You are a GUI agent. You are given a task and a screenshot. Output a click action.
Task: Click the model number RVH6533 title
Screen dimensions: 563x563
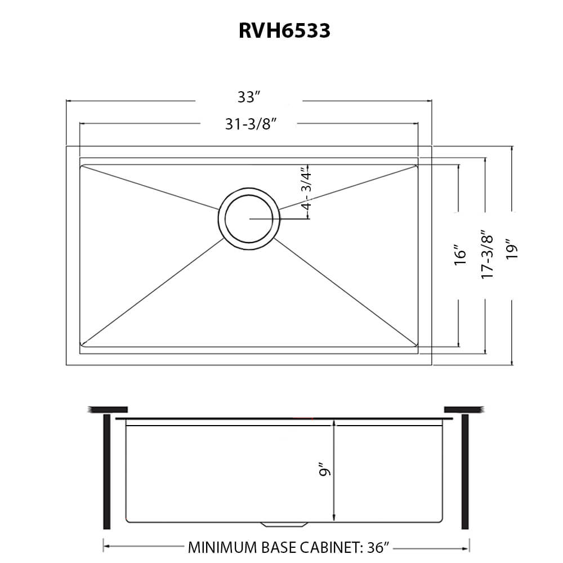point(284,31)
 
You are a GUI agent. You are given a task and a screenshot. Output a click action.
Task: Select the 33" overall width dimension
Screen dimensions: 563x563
point(248,97)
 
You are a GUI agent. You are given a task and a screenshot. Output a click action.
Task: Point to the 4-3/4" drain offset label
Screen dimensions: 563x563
point(307,189)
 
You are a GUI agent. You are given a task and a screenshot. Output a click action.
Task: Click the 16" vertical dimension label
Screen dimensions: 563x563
point(461,254)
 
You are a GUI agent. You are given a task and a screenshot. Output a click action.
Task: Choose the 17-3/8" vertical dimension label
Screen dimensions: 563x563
point(488,254)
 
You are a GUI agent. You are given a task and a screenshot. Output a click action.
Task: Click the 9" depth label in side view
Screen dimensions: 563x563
point(323,469)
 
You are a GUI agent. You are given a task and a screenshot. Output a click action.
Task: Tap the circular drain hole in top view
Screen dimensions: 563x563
point(248,219)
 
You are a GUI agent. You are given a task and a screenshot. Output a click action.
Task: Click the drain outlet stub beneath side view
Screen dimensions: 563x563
point(284,524)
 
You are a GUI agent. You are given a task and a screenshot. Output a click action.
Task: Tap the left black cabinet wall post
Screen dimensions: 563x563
point(106,472)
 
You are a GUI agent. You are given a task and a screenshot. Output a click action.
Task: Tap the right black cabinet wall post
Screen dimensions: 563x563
point(464,472)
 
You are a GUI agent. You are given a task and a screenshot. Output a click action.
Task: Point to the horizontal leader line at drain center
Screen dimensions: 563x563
point(279,218)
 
